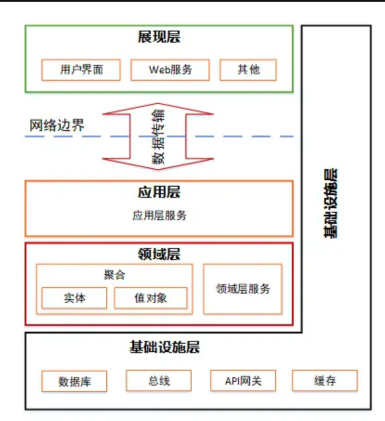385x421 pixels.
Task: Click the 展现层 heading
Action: point(159,37)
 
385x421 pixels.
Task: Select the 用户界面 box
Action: point(81,70)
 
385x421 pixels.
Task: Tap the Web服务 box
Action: point(170,70)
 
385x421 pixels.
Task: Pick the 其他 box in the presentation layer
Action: point(248,70)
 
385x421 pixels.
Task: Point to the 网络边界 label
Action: point(57,125)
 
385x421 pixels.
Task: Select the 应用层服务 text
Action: point(159,216)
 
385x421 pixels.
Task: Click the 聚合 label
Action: point(114,275)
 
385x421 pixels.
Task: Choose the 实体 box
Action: point(74,298)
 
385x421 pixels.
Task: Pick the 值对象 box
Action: point(151,298)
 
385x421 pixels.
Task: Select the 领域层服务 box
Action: point(243,289)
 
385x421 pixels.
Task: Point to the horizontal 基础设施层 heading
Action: point(164,347)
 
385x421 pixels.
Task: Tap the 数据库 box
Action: point(74,382)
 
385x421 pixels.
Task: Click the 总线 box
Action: point(159,381)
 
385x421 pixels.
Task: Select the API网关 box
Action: point(243,381)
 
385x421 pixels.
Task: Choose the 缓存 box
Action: point(325,381)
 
